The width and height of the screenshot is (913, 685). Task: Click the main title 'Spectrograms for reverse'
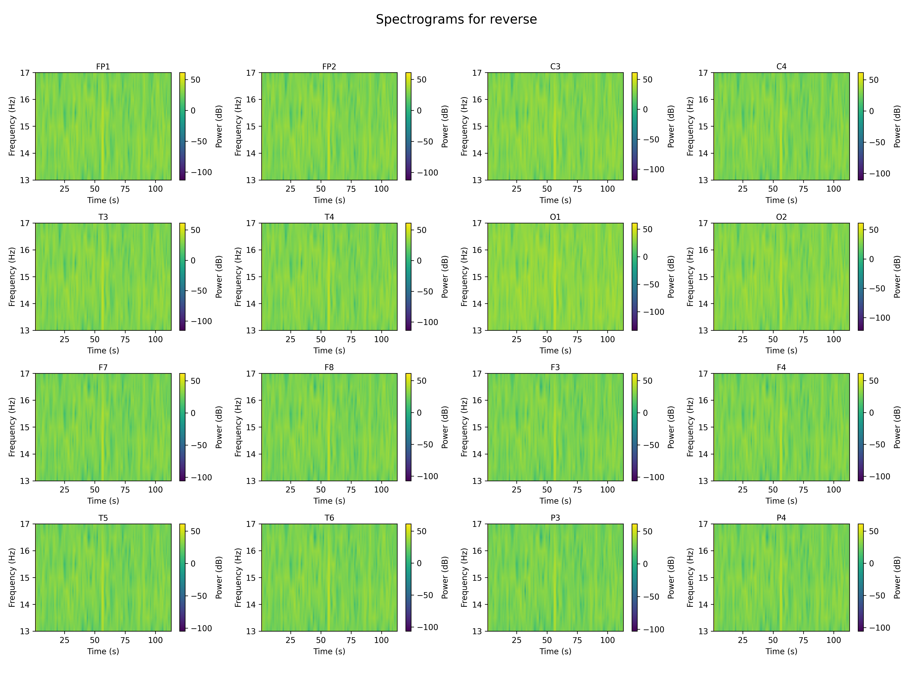coord(456,19)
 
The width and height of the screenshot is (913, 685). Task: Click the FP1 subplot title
coord(103,66)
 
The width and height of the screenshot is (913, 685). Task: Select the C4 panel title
coord(781,66)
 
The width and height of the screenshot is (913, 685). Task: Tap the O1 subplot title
coord(555,217)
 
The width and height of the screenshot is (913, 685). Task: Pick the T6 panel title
coord(329,518)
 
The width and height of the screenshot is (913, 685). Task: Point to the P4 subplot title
coord(781,518)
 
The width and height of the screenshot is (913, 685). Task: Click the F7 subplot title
coord(103,367)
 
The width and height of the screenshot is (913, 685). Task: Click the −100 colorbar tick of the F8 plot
coord(425,476)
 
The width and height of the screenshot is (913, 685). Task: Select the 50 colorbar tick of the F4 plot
coord(874,381)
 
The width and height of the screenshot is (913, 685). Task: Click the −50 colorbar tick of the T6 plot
coord(425,595)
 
